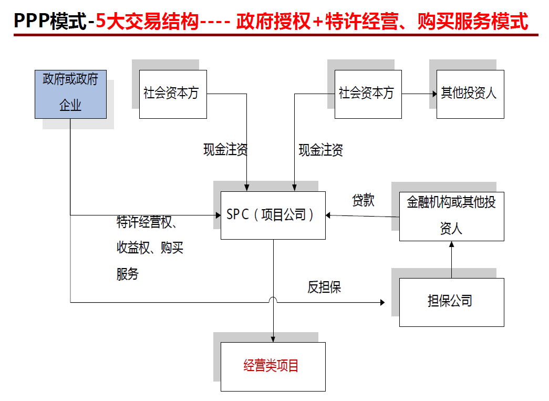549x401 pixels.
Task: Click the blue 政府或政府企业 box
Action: coord(70,94)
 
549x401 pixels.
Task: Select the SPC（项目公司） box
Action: coord(273,215)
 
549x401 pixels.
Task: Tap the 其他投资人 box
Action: coord(470,94)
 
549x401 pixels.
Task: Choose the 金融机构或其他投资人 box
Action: coord(451,216)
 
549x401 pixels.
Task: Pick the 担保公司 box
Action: coord(451,302)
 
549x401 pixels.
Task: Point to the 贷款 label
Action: coord(363,200)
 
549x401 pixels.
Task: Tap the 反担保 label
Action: coord(324,287)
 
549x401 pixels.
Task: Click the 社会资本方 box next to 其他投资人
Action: coord(368,94)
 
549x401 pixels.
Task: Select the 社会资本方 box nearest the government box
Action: coord(172,94)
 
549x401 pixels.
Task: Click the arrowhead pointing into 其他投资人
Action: coord(434,95)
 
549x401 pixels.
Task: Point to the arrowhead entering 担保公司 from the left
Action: coord(382,302)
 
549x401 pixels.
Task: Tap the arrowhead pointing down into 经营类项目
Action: coord(273,339)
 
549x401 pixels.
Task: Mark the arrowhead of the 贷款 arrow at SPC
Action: coord(329,215)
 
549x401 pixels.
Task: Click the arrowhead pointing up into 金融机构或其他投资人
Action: coord(451,245)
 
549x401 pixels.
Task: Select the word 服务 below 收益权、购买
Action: coord(127,274)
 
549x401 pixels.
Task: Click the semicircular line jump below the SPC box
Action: coord(273,300)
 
